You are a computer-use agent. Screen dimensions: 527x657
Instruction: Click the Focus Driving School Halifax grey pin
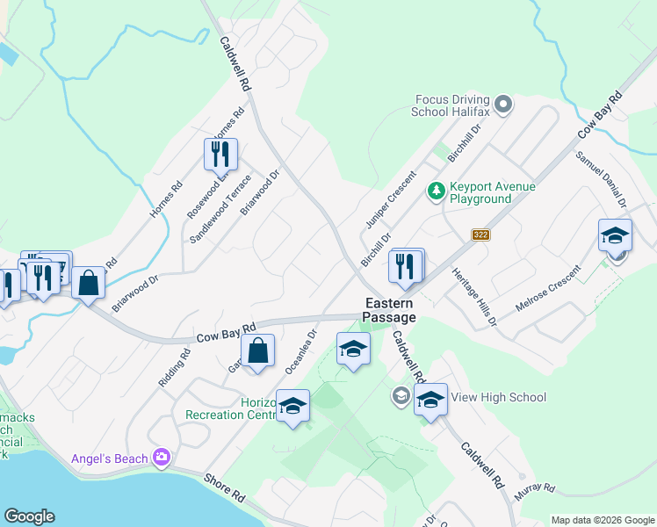(x=503, y=105)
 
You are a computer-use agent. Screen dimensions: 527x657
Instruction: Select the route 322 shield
(x=480, y=235)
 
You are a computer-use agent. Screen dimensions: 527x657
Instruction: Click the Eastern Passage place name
(x=391, y=310)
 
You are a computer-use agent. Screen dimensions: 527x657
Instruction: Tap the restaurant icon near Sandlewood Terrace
(x=220, y=155)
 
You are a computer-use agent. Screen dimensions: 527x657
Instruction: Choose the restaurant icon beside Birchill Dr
(x=405, y=265)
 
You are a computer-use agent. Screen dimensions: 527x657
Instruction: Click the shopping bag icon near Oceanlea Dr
(x=258, y=351)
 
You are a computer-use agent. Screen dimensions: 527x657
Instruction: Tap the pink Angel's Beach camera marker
(x=161, y=457)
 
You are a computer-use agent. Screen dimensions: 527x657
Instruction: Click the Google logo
(x=29, y=516)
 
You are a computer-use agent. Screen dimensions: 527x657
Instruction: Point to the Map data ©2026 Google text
(x=602, y=520)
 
